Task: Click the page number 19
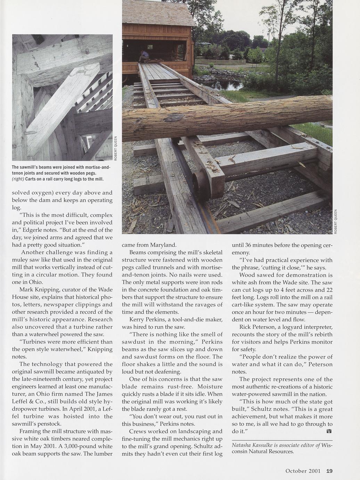[x=329, y=471]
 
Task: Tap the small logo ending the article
[x=329, y=431]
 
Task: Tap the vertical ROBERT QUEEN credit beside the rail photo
[x=336, y=222]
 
